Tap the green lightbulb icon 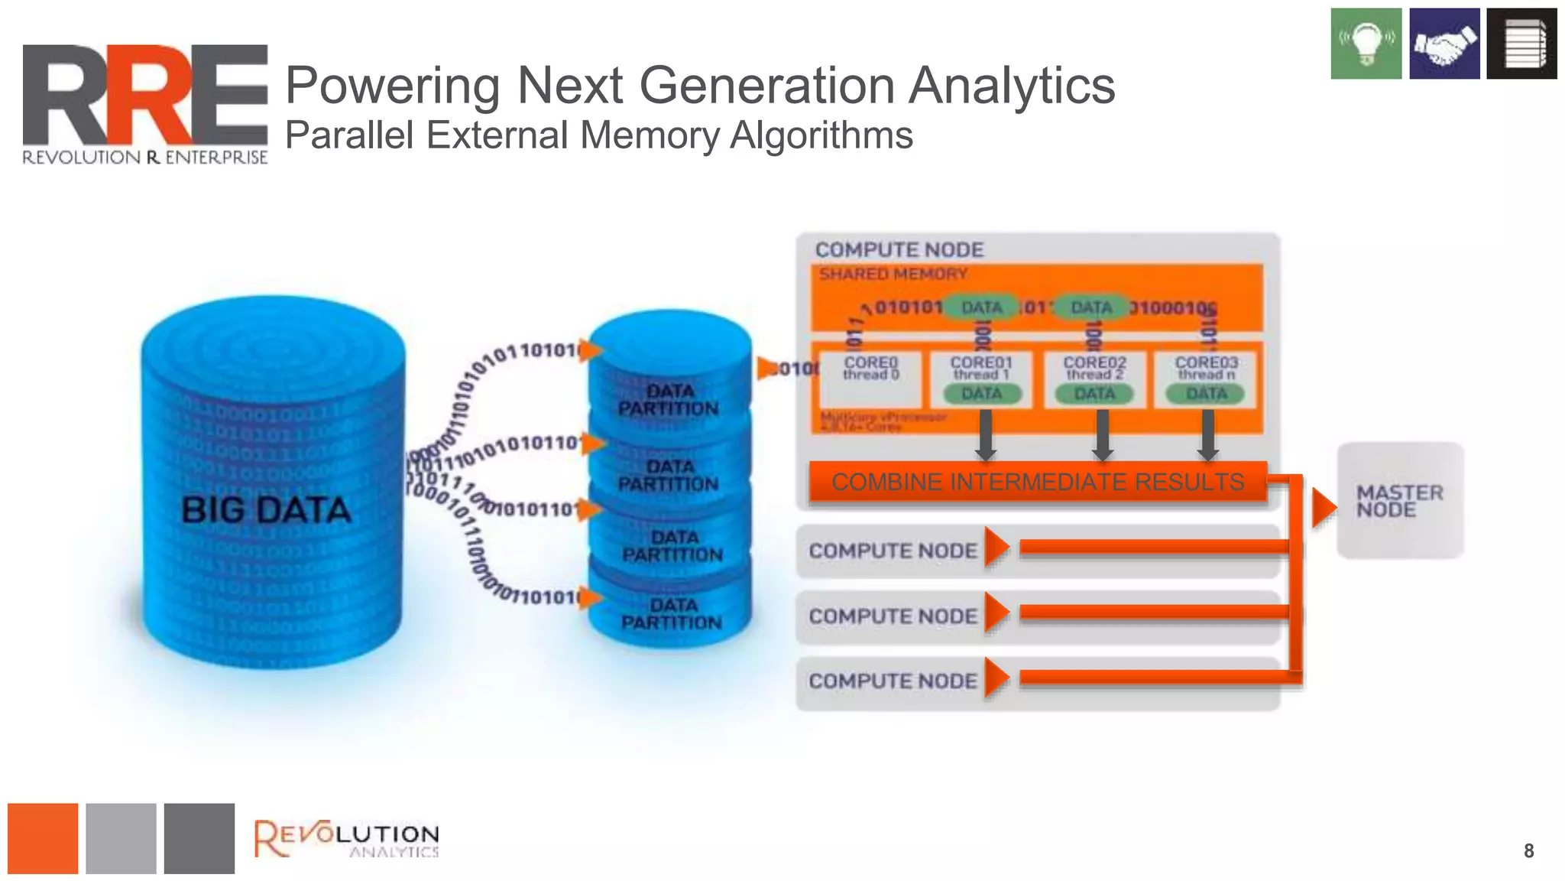pyautogui.click(x=1366, y=44)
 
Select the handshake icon pyautogui.click(x=1443, y=44)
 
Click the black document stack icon pyautogui.click(x=1521, y=44)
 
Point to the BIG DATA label pyautogui.click(x=266, y=509)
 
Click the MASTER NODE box pyautogui.click(x=1400, y=501)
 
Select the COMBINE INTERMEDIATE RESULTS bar pyautogui.click(x=1037, y=482)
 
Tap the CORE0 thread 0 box pyautogui.click(x=870, y=379)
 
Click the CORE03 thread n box pyautogui.click(x=1206, y=379)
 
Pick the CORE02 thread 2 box pyautogui.click(x=1094, y=379)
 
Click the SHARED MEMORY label pyautogui.click(x=893, y=274)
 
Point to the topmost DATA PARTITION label pyautogui.click(x=669, y=400)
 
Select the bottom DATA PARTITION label pyautogui.click(x=671, y=614)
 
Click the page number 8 pyautogui.click(x=1528, y=850)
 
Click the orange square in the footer pyautogui.click(x=43, y=838)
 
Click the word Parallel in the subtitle pyautogui.click(x=349, y=135)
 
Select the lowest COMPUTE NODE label pyautogui.click(x=893, y=681)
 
